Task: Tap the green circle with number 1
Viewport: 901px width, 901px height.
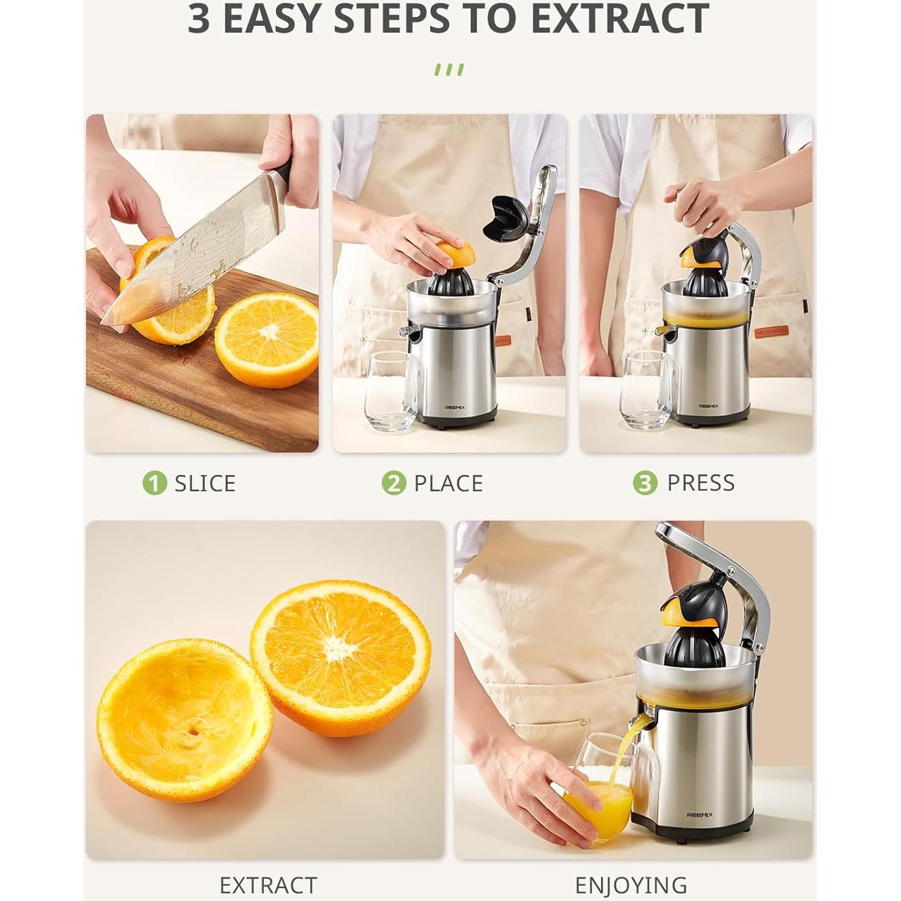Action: point(155,483)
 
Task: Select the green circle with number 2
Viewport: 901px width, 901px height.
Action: point(394,483)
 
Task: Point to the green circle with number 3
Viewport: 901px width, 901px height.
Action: point(645,483)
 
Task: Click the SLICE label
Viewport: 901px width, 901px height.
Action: point(205,483)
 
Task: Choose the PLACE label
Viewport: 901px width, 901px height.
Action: point(448,483)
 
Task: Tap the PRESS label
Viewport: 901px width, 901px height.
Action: point(700,482)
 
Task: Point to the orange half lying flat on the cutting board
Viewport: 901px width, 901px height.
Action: point(267,340)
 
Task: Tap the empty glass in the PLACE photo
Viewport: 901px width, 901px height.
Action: point(392,392)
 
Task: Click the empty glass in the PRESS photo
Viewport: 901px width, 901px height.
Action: point(647,392)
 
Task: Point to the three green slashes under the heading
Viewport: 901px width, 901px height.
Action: point(449,70)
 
